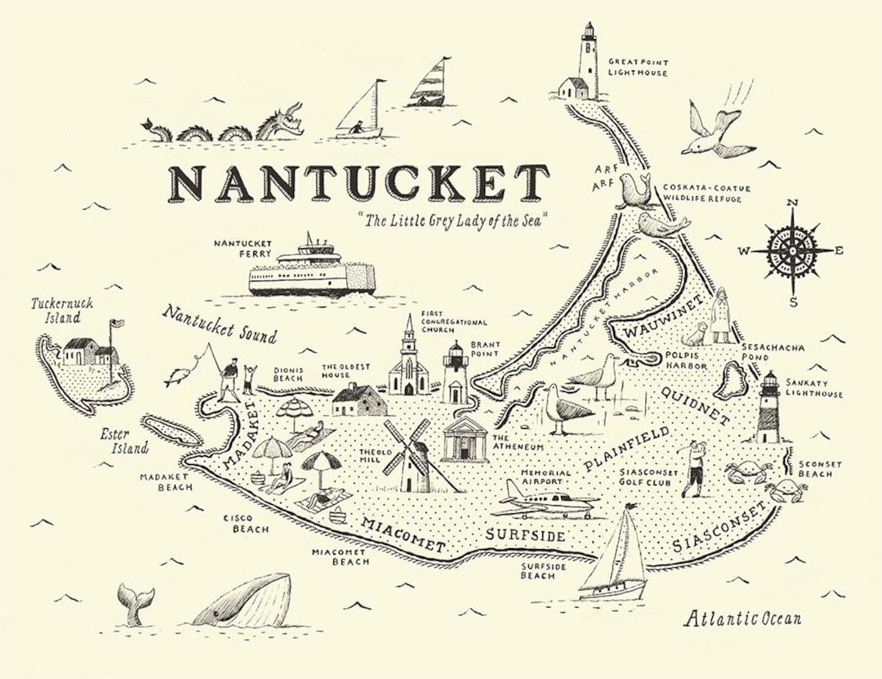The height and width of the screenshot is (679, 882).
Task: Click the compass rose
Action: click(791, 251)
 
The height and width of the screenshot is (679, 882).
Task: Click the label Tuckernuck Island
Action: click(62, 310)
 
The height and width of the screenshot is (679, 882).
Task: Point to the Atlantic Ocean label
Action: click(742, 618)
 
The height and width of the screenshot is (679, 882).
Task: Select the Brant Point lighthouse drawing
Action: click(454, 373)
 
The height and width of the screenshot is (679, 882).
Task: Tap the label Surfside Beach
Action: click(538, 570)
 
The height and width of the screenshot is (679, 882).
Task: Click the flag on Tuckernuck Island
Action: click(117, 324)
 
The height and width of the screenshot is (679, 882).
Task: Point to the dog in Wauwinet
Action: click(694, 333)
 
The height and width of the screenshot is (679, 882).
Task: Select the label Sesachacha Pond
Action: click(772, 352)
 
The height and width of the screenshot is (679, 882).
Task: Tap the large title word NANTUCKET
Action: click(359, 183)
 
